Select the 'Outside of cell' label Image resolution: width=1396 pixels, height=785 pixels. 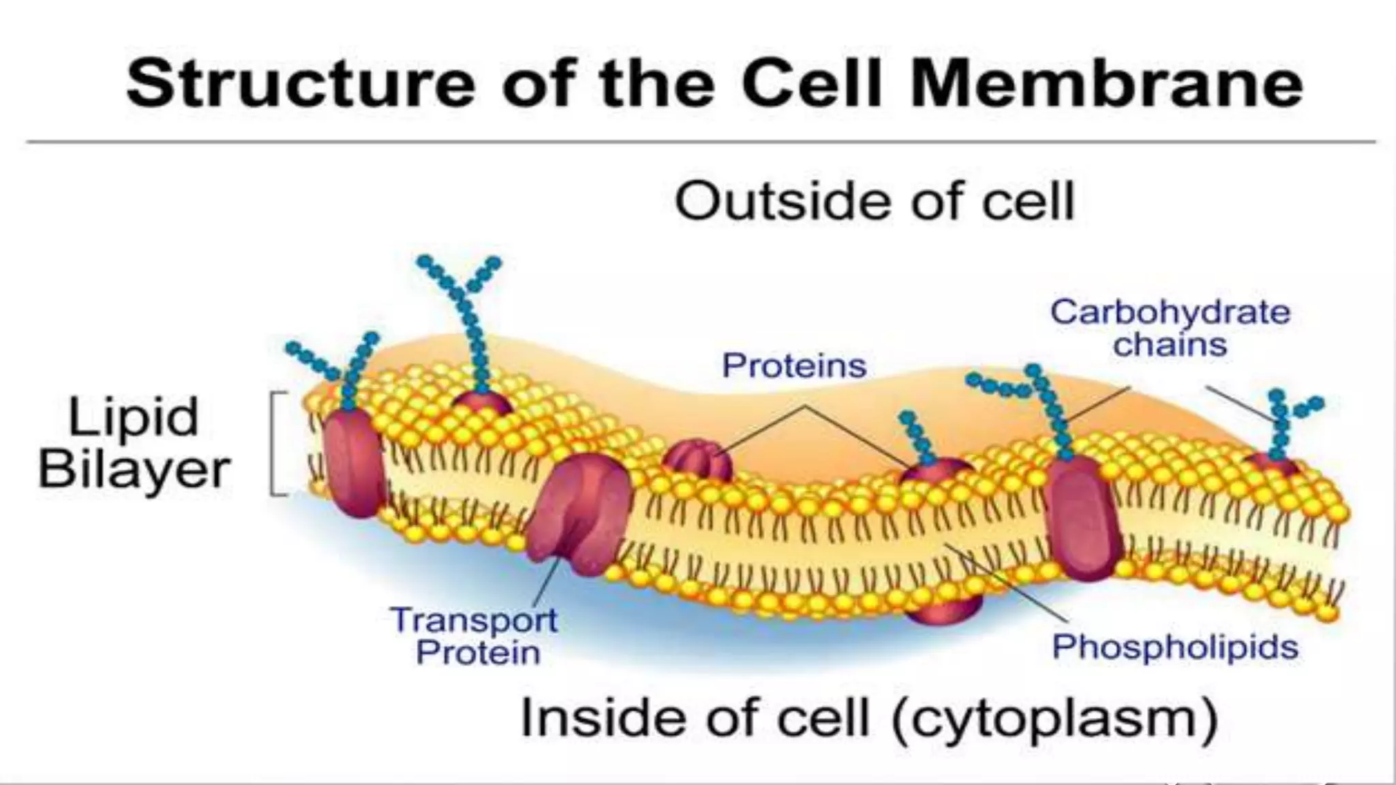[x=875, y=201]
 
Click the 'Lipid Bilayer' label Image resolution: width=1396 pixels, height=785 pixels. [x=134, y=443]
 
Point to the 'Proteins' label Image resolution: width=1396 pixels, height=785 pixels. [x=794, y=366]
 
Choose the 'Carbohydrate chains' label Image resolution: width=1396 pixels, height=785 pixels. [x=1170, y=328]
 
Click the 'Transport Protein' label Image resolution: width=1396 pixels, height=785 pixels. [x=476, y=636]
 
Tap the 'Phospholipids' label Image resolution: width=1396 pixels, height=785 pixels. [x=1174, y=647]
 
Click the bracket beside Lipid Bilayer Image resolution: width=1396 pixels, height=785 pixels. [x=275, y=443]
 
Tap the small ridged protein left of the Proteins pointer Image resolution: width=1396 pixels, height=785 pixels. [x=697, y=460]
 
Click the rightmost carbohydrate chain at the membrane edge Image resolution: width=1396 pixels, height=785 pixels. [x=1285, y=422]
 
